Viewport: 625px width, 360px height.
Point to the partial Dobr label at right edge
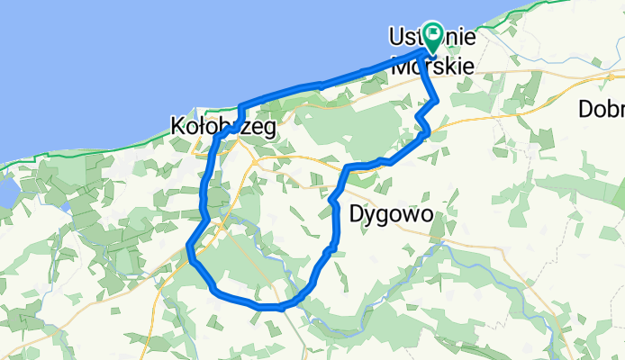(602, 109)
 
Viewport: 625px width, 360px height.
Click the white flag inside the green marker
(433, 35)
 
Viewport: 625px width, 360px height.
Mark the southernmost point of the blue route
(270, 307)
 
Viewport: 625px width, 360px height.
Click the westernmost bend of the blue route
(189, 247)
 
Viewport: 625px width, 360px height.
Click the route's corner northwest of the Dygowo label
(348, 167)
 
